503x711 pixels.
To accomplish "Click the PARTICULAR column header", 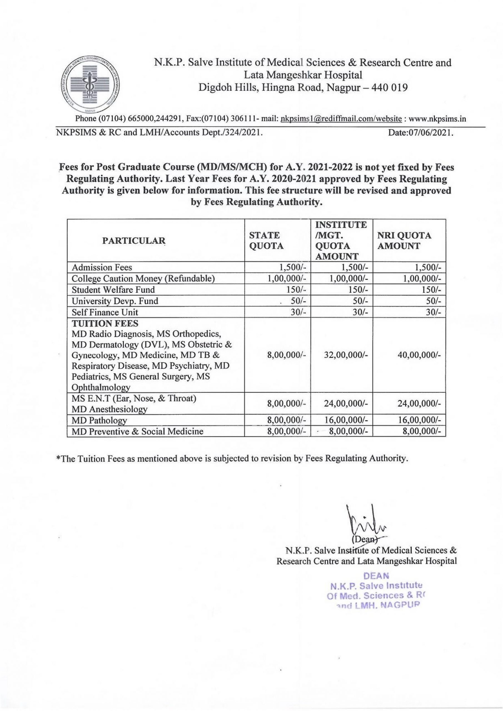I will (x=134, y=241).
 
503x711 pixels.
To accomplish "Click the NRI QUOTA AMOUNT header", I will (x=404, y=241).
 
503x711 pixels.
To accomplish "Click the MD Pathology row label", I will (x=99, y=420).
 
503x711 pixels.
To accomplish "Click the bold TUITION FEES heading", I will (x=105, y=323).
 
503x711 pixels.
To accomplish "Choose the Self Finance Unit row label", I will (x=105, y=312).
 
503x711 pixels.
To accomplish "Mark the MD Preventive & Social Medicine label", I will (x=137, y=431).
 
